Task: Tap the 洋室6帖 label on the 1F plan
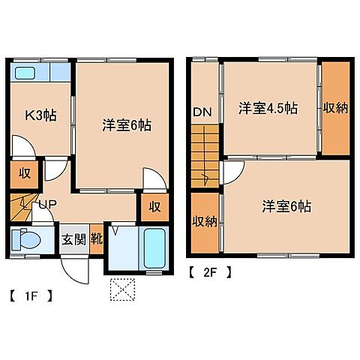point(127,125)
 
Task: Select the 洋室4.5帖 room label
point(268,108)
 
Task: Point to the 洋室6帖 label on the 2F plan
point(287,206)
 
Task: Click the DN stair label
point(202,112)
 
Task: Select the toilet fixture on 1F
point(25,241)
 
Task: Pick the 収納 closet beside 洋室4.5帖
point(335,108)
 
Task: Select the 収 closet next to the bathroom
point(153,206)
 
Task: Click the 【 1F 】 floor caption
point(31,294)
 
